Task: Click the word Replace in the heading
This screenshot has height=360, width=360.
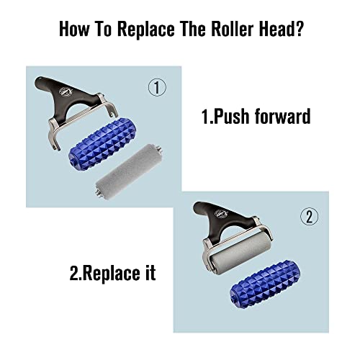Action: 146,30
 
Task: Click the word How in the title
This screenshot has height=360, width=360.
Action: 73,29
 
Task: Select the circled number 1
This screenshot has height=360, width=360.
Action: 157,88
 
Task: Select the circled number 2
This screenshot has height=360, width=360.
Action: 310,216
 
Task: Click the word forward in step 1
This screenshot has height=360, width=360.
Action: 283,116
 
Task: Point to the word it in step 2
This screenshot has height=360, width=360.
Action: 150,272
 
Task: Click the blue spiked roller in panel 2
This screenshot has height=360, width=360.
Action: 265,284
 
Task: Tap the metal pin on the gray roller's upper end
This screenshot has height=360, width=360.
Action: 160,148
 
